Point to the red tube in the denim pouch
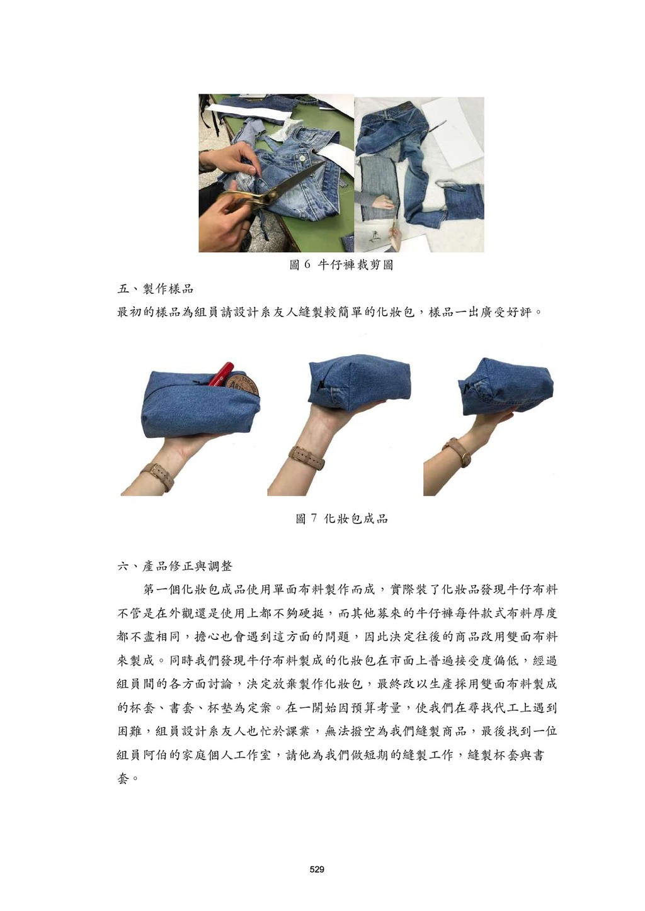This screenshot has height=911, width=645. point(220,373)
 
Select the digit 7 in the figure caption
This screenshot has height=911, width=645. point(313,518)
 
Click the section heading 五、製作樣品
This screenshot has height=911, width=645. point(155,289)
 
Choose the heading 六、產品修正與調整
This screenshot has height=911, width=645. point(174,566)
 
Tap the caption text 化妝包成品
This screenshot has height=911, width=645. point(355,518)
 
